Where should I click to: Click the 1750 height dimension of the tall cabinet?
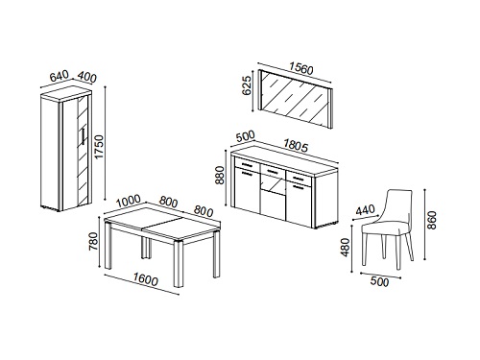[100, 147]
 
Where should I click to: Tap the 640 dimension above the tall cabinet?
[60, 76]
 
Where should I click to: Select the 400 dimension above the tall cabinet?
[86, 77]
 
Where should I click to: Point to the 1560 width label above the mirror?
[300, 68]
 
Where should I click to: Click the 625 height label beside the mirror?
[247, 85]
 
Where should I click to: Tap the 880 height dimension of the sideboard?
[220, 175]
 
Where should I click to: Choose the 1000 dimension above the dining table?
[128, 201]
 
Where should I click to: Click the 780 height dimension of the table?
[93, 242]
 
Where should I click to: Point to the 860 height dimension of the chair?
[432, 220]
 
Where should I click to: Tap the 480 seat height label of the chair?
[345, 247]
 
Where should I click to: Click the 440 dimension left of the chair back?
[365, 210]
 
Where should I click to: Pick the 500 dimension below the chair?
[379, 282]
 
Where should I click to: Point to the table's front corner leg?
[179, 264]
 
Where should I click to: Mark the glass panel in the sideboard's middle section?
[273, 184]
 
